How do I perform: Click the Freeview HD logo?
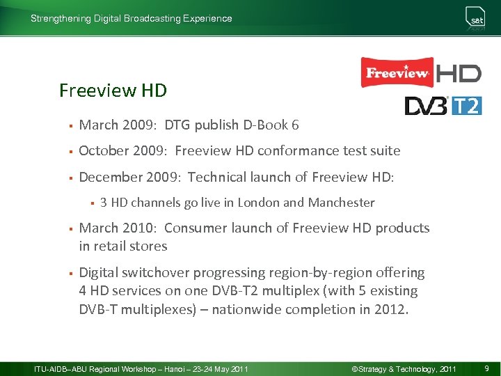[x=420, y=72]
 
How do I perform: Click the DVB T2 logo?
[x=443, y=105]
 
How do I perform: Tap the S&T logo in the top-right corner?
[x=476, y=19]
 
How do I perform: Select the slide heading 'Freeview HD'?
[x=113, y=91]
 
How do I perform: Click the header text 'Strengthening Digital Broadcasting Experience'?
[x=132, y=19]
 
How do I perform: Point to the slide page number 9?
[x=486, y=368]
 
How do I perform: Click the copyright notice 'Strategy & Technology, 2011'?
[x=404, y=368]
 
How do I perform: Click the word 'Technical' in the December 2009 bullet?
[x=218, y=177]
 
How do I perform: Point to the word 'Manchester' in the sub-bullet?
[x=341, y=203]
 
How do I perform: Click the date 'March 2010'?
[x=118, y=228]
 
